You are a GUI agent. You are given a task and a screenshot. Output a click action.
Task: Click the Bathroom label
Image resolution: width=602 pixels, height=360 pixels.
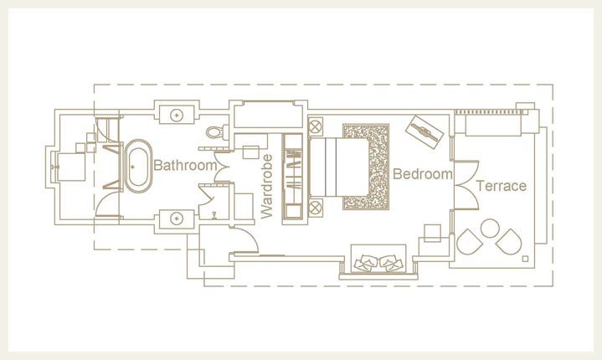tap(185, 166)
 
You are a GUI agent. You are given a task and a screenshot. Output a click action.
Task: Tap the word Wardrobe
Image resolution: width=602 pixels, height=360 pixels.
tap(266, 187)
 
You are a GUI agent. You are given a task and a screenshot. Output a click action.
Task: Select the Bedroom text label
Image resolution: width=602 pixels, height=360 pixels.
tap(423, 174)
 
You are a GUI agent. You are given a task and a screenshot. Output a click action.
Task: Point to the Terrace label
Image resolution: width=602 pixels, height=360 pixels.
tap(502, 186)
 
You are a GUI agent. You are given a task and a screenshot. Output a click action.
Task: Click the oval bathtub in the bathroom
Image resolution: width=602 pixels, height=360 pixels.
tap(139, 166)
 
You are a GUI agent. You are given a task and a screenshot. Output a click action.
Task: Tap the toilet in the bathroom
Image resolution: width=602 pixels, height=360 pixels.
tap(217, 132)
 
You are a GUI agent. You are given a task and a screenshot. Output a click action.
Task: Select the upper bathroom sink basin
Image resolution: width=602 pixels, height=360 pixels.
tap(177, 115)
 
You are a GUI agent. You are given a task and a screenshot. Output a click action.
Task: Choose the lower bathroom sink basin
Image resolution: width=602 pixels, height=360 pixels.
tap(177, 219)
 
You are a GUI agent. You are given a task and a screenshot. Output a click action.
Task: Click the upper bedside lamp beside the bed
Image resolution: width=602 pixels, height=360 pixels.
tap(316, 126)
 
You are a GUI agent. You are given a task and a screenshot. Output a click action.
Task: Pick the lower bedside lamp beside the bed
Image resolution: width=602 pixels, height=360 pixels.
tap(316, 208)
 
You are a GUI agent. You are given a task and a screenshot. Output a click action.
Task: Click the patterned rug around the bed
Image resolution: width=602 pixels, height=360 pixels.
tap(366, 167)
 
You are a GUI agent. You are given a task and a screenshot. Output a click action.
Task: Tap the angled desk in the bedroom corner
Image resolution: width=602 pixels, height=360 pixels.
tap(425, 132)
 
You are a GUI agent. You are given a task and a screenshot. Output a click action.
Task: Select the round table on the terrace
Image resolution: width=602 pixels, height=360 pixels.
tap(490, 228)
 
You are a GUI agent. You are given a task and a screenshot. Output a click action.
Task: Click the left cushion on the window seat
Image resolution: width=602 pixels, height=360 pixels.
tap(366, 263)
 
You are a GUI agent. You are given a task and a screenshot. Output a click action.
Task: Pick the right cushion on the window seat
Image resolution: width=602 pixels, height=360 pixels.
tap(391, 263)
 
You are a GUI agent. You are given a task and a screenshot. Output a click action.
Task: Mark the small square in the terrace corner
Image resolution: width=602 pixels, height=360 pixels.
tap(525, 259)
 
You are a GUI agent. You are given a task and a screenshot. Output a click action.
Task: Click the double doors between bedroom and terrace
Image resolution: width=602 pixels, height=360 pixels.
tap(466, 185)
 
